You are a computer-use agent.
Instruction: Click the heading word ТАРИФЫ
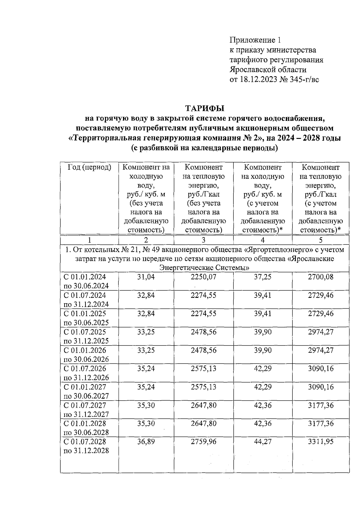pos(205,108)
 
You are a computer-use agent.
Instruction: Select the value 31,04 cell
pos(146,277)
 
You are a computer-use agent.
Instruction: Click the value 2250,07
pos(203,277)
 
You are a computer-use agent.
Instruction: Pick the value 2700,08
pos(320,277)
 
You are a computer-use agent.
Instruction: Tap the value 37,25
pos(262,277)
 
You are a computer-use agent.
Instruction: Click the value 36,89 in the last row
pos(146,442)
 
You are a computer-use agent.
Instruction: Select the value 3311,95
pos(320,442)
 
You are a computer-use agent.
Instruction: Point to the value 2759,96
pos(203,442)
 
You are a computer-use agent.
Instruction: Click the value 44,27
pos(262,442)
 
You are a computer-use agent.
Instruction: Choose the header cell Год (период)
pos(89,167)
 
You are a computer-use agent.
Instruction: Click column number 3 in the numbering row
pos(203,240)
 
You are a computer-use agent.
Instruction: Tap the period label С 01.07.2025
pos(85,332)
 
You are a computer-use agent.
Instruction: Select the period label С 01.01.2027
pos(85,387)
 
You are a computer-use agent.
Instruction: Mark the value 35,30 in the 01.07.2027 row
pos(146,405)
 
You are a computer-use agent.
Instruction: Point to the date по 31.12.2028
pos(86,451)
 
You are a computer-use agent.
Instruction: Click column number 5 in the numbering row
pos(321,240)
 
